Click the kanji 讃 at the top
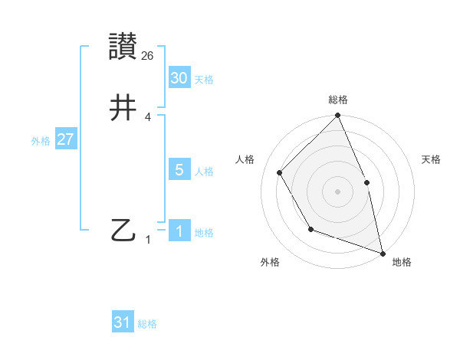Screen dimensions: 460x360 123,47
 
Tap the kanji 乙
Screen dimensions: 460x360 123,230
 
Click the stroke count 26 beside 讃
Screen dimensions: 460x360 148,56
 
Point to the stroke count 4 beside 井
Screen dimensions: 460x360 148,117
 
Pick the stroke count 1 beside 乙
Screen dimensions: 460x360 148,240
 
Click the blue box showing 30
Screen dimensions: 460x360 179,78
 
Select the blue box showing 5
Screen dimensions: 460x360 179,170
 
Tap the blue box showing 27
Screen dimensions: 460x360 66,139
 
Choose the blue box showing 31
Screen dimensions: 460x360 123,322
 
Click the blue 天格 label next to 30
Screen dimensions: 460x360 204,80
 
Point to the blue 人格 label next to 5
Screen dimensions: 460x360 204,172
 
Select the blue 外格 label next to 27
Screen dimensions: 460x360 41,141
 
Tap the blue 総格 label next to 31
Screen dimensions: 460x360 147,324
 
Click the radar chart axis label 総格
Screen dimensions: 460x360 338,100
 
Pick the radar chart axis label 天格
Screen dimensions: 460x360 432,159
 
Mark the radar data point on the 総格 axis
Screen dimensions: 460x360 337,116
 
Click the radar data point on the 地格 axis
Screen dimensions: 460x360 383,253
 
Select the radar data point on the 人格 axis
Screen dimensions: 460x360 280,172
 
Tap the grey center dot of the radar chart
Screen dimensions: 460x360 337,191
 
